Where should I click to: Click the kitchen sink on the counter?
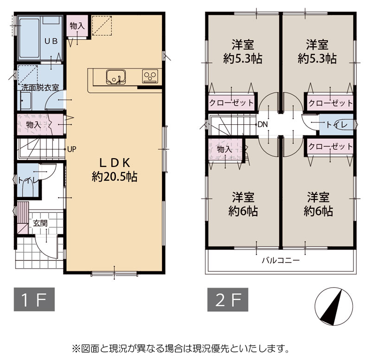coord(115,77)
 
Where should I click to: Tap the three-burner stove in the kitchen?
coord(150,76)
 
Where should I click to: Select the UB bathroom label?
coord(51,41)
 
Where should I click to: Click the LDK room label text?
coord(115,170)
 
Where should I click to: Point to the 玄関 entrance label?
coord(40,223)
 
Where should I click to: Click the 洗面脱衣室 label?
coord(40,87)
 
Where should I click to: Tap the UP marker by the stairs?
coord(72,149)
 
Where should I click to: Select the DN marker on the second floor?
coord(262,124)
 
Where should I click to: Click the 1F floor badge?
coord(34,299)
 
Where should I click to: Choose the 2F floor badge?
coord(228,299)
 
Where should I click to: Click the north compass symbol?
coord(334,306)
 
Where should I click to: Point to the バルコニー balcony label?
coord(281,261)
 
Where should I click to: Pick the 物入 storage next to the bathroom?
coord(77,26)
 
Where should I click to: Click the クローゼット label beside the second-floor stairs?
coord(231,103)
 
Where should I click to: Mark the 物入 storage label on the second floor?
coord(224,149)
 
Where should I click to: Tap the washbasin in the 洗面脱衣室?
coord(26,101)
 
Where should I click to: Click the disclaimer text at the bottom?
coord(181,348)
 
